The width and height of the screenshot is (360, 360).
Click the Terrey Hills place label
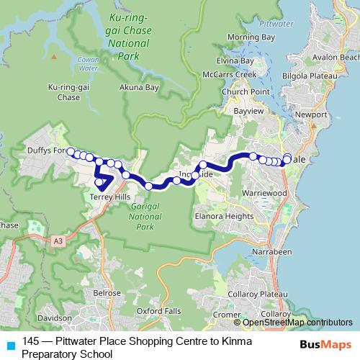109,197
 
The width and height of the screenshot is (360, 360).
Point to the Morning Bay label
258,36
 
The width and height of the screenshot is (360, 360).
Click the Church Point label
246,92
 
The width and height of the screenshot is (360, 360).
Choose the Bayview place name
249,112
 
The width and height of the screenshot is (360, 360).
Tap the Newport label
317,114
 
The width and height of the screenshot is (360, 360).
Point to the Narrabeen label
272,252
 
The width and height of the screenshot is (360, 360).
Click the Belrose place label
107,294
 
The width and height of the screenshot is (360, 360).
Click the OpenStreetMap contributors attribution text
296,323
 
